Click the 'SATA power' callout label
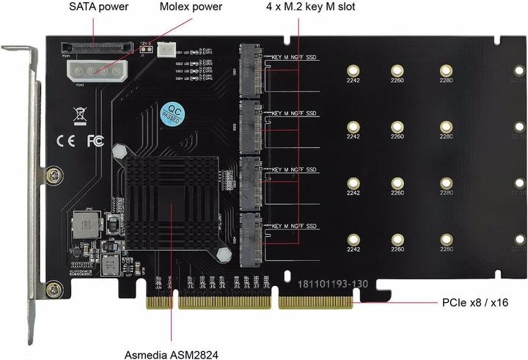pyautogui.click(x=99, y=7)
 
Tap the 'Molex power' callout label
pyautogui.click(x=191, y=7)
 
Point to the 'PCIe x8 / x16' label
pyautogui.click(x=474, y=302)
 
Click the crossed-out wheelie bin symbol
pyautogui.click(x=79, y=114)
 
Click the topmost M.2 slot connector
pyautogui.click(x=250, y=68)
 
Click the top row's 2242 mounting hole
pyautogui.click(x=353, y=71)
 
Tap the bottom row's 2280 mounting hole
pyautogui.click(x=445, y=239)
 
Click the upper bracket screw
pyautogui.click(x=51, y=175)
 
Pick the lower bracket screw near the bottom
pyautogui.click(x=51, y=290)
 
